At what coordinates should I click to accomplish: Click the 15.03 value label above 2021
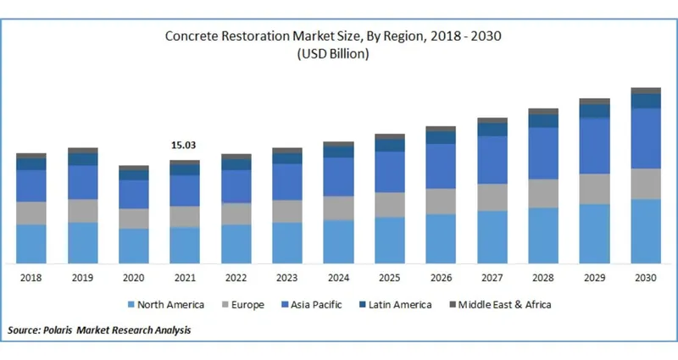pyautogui.click(x=185, y=146)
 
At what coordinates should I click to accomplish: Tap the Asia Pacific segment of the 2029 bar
pyautogui.click(x=594, y=146)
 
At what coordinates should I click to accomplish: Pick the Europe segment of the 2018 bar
pyautogui.click(x=31, y=213)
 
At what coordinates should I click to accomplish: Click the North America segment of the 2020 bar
pyautogui.click(x=134, y=246)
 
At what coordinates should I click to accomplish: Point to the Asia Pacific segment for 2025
pyautogui.click(x=390, y=172)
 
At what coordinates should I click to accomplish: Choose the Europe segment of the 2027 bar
pyautogui.click(x=492, y=197)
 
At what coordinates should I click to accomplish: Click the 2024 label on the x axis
pyautogui.click(x=338, y=278)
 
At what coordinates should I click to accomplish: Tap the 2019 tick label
pyautogui.click(x=82, y=278)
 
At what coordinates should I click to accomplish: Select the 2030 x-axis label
pyautogui.click(x=646, y=278)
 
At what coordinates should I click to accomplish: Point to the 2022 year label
pyautogui.click(x=236, y=278)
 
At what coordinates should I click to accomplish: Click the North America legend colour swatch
pyautogui.click(x=130, y=304)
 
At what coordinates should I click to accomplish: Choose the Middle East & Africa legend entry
pyautogui.click(x=505, y=304)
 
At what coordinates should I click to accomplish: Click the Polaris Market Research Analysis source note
pyautogui.click(x=99, y=330)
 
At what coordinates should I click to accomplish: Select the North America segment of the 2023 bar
pyautogui.click(x=287, y=242)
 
